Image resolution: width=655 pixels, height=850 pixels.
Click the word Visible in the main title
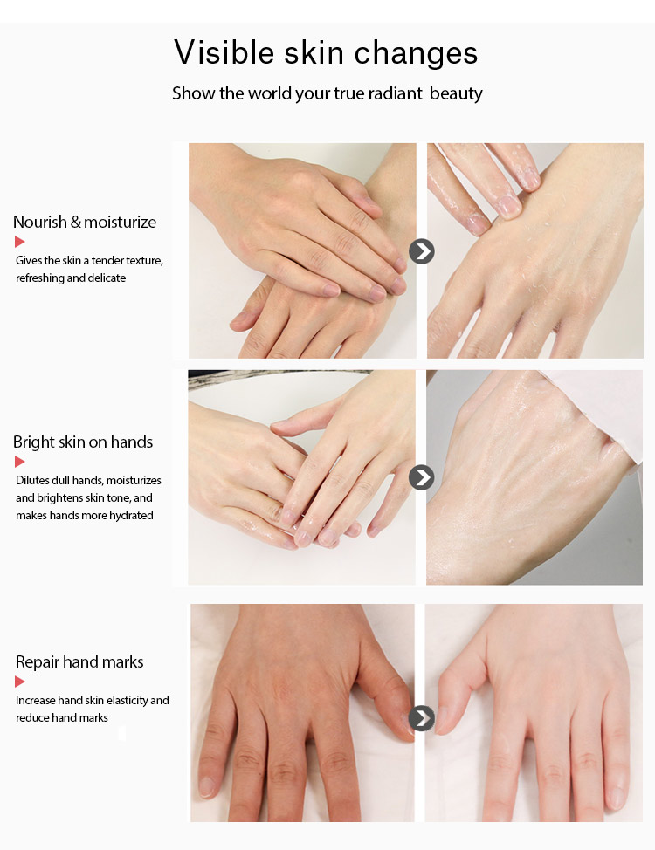pos(223,52)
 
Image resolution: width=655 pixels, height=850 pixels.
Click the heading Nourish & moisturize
pos(85,222)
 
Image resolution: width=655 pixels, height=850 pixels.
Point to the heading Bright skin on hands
pos(83,442)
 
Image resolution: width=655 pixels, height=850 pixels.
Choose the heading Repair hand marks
pos(79,661)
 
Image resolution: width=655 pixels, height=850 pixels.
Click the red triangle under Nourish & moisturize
pos(20,242)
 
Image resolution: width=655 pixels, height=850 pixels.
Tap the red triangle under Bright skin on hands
pos(20,462)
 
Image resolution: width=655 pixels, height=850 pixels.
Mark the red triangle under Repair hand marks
pos(20,682)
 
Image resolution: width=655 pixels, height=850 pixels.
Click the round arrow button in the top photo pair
pos(422,251)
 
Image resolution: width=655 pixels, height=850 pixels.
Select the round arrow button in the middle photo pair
pos(422,477)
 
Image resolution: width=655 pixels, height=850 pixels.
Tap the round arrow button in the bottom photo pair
pos(422,718)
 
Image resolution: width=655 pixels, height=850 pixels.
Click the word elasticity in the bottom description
pos(124,700)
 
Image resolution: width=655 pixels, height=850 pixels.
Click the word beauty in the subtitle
pos(456,93)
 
